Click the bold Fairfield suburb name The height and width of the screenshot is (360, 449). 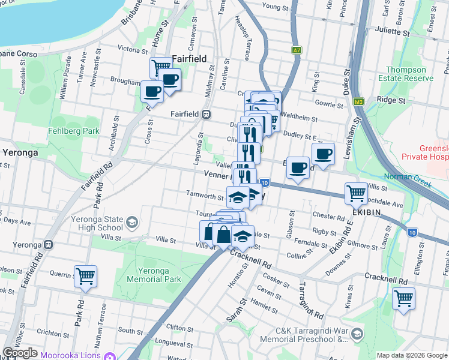(x=189, y=59)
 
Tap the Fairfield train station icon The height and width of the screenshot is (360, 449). (x=206, y=113)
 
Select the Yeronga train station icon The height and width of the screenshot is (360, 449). (x=47, y=245)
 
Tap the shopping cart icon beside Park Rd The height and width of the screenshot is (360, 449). (x=85, y=277)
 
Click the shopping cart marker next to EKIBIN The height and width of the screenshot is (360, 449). (x=356, y=193)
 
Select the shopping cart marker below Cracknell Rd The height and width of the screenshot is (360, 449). (x=403, y=298)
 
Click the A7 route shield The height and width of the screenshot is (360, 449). (x=297, y=50)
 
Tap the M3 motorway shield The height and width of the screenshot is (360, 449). (x=359, y=102)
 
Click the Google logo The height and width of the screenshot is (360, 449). (x=20, y=353)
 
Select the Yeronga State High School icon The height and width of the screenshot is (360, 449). (x=130, y=223)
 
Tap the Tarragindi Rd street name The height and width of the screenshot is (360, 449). (x=311, y=300)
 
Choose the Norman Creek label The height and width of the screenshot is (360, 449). (x=423, y=178)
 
